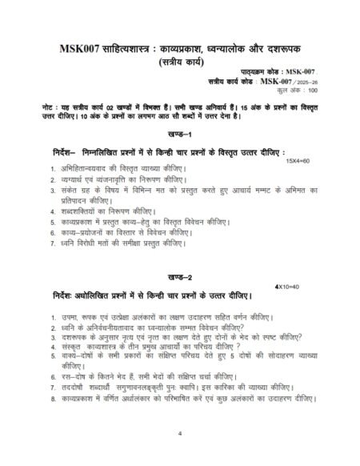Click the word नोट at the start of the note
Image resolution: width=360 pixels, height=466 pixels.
tap(48, 106)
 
